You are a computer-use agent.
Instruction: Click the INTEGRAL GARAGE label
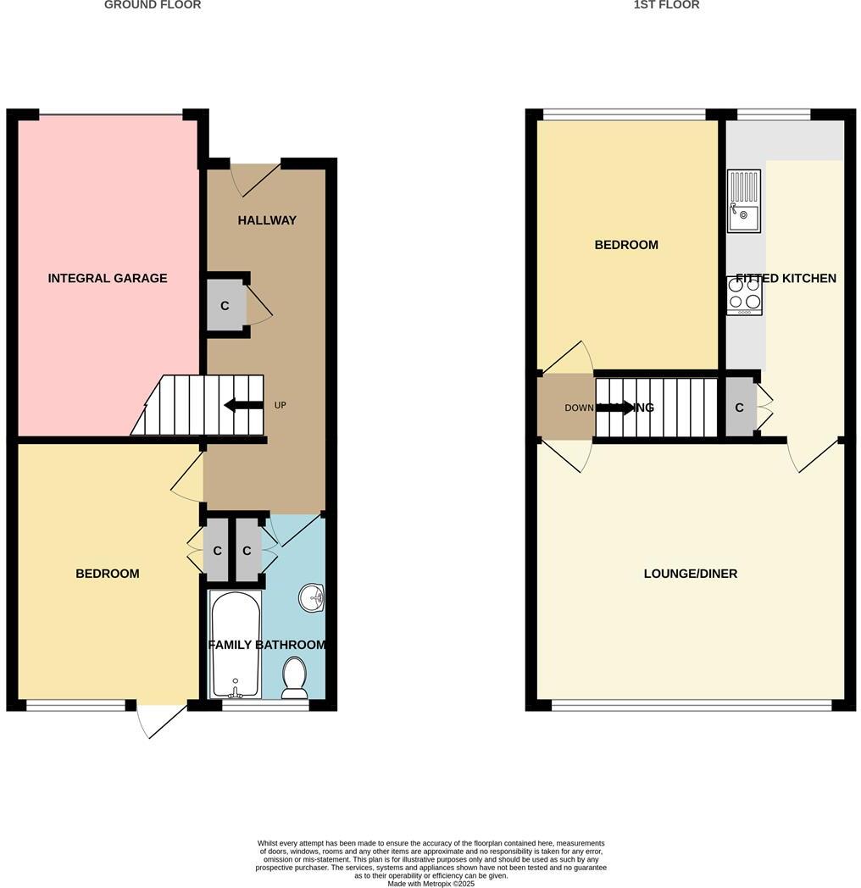[x=108, y=278]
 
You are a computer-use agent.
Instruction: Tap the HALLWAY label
[x=267, y=220]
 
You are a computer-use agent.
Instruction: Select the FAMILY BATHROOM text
[x=267, y=645]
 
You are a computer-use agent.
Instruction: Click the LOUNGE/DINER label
[x=691, y=574]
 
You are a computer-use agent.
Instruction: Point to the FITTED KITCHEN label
[x=786, y=278]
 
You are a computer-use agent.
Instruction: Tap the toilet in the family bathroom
[x=294, y=677]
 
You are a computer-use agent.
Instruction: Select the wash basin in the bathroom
[x=312, y=597]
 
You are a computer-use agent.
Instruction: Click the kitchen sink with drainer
[x=744, y=201]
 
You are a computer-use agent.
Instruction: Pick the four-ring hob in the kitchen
[x=744, y=294]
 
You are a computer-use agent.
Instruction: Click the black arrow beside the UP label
[x=243, y=405]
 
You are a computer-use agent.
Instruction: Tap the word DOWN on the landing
[x=580, y=408]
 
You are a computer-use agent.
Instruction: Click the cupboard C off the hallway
[x=225, y=305]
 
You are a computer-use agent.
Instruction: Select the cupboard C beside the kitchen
[x=739, y=408]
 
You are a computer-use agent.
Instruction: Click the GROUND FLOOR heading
[x=153, y=5]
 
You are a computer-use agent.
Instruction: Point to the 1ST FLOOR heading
[x=666, y=5]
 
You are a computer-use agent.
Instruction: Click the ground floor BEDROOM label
[x=108, y=574]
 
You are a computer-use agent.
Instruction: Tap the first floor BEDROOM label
[x=626, y=245]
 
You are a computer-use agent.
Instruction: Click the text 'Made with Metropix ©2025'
[x=431, y=884]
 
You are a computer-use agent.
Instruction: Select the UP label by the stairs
[x=280, y=405]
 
